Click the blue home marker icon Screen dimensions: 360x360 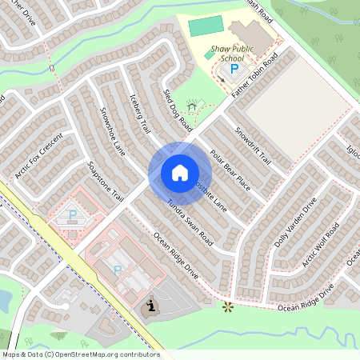click(179, 172)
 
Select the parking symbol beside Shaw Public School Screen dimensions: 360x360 click(234, 70)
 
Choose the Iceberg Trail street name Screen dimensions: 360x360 click(140, 115)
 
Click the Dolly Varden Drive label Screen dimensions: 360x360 click(295, 222)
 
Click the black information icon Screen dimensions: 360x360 click(151, 308)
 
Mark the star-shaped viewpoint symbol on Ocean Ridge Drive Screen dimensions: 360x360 click(229, 306)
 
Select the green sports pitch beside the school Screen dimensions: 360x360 click(206, 26)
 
